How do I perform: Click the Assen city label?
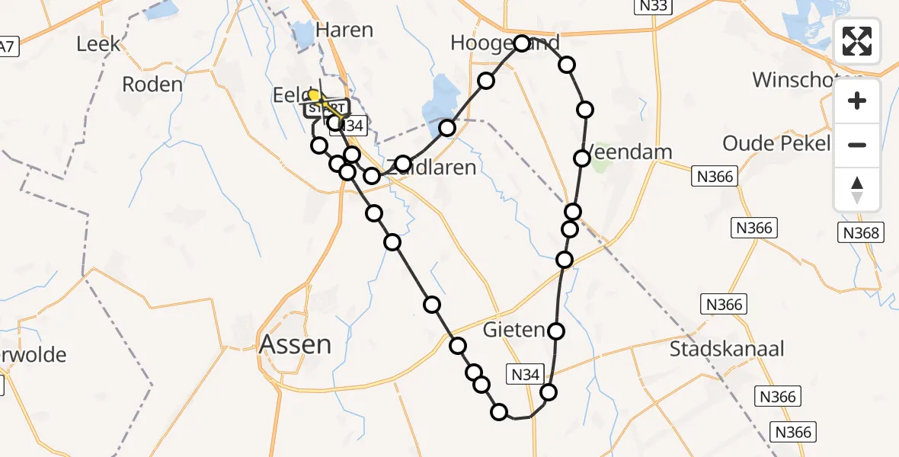coord(296,345)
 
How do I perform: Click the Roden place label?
coord(152,85)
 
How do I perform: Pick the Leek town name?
coord(98,44)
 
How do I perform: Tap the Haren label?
coord(344,30)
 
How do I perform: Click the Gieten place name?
coord(514,331)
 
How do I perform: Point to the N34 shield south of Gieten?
coord(526,374)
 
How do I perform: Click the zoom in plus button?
coord(857,101)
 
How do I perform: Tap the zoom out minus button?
coord(857,145)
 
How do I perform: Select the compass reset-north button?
coord(857,189)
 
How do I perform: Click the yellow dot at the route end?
coord(314,96)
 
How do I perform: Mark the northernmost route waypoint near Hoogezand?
coord(522,43)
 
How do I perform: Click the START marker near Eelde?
coord(328,108)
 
